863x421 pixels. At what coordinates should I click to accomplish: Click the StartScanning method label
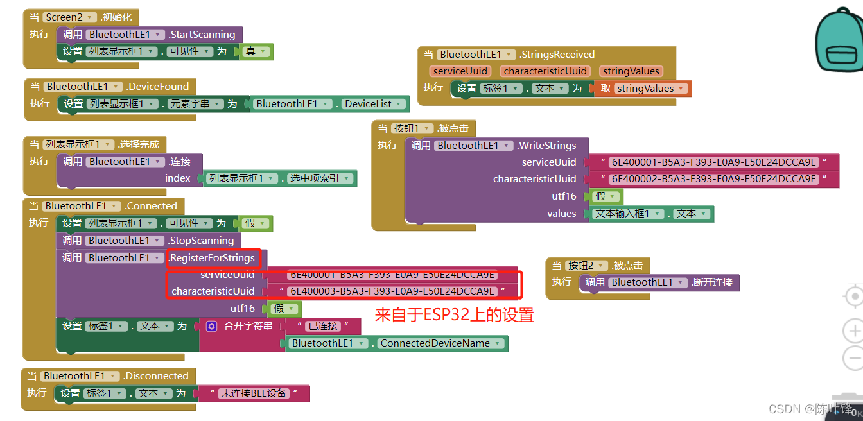pos(203,35)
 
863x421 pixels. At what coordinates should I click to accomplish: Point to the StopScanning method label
pos(202,241)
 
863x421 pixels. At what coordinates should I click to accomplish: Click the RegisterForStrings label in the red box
pos(213,258)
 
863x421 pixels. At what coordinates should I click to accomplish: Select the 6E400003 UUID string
pos(392,291)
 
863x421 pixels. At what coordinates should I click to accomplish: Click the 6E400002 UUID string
pos(713,179)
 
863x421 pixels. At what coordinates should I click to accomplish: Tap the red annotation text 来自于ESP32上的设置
pos(454,315)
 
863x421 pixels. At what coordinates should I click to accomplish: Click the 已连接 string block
pos(323,326)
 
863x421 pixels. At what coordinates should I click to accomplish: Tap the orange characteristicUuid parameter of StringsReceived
pos(545,71)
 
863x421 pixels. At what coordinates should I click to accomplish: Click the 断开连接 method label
pos(713,282)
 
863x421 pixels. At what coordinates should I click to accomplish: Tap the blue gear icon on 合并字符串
pos(211,326)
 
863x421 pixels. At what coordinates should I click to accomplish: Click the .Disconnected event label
pos(157,376)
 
